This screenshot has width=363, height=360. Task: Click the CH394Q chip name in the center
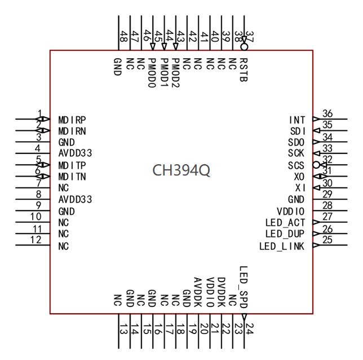(x=181, y=170)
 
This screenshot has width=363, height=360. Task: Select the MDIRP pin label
(x=72, y=120)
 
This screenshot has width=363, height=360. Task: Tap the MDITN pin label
(x=72, y=177)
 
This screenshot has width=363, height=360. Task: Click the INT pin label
(x=296, y=120)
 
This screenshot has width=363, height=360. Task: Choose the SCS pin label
(x=296, y=165)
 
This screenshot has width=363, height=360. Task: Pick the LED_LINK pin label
(x=282, y=245)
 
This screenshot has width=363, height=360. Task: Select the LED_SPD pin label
(x=244, y=287)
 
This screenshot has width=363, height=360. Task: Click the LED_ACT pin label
(x=285, y=222)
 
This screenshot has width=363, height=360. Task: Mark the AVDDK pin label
(x=197, y=292)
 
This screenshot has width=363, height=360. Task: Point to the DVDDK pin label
(x=221, y=292)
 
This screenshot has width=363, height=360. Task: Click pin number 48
(x=122, y=37)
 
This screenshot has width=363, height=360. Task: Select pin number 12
(x=36, y=240)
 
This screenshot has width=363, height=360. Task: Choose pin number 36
(x=327, y=114)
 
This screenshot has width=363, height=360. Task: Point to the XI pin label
(x=300, y=188)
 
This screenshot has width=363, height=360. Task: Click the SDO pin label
(x=296, y=142)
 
